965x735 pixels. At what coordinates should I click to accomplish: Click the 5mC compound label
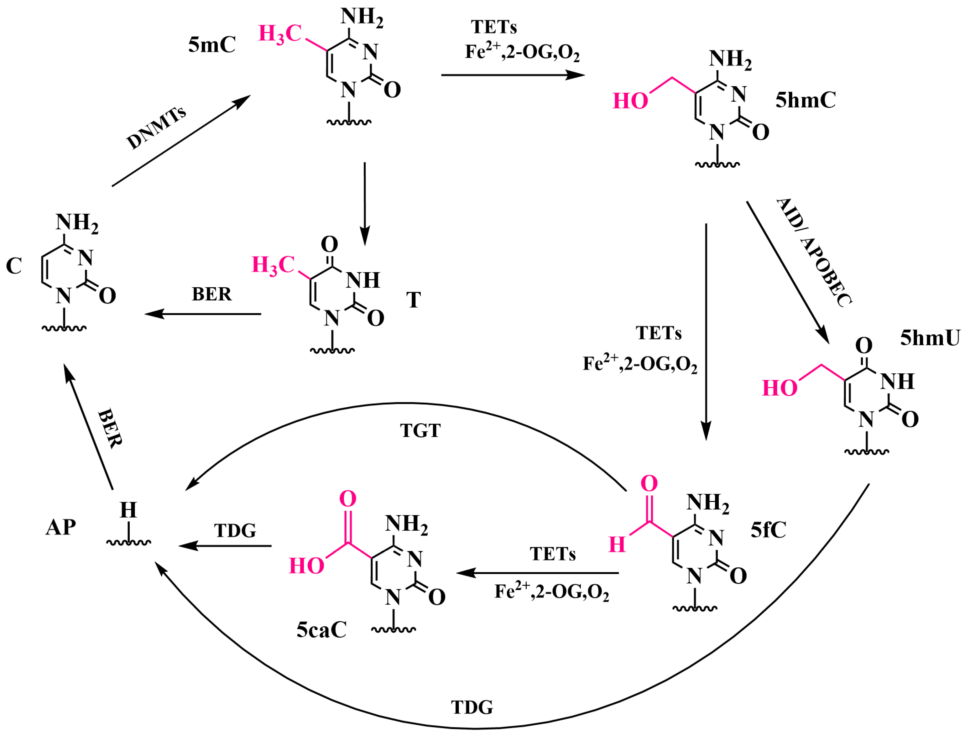[x=212, y=44]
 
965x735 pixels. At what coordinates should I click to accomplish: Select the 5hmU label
[x=930, y=338]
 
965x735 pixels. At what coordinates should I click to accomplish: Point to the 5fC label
[x=768, y=530]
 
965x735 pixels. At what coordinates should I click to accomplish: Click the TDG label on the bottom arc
[x=472, y=707]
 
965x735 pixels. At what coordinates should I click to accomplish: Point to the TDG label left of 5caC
[x=235, y=531]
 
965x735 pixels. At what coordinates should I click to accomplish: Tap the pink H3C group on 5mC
[x=280, y=34]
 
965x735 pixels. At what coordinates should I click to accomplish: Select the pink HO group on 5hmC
[x=630, y=102]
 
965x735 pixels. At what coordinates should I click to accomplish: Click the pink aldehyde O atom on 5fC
[x=649, y=484]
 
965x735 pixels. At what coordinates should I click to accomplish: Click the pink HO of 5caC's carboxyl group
[x=307, y=566]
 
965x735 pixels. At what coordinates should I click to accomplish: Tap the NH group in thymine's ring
[x=363, y=280]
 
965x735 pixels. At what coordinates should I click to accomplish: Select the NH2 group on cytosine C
[x=77, y=223]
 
